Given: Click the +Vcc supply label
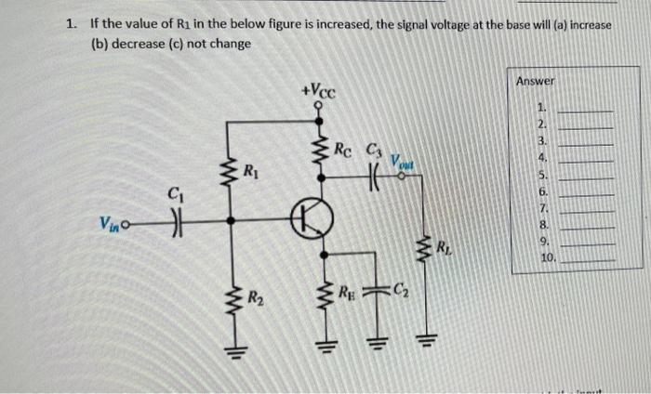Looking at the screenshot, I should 319,92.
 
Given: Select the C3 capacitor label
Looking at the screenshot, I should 374,146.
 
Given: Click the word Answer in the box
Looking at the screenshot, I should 535,81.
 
